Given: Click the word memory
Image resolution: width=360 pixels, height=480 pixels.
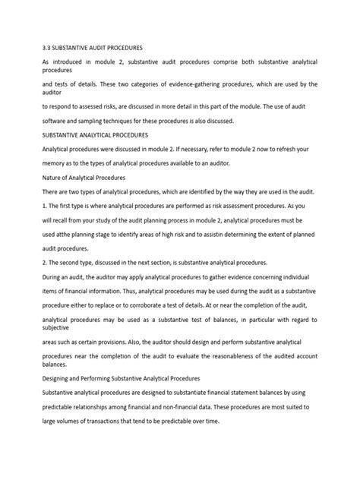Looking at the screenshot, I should coord(59,163).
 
